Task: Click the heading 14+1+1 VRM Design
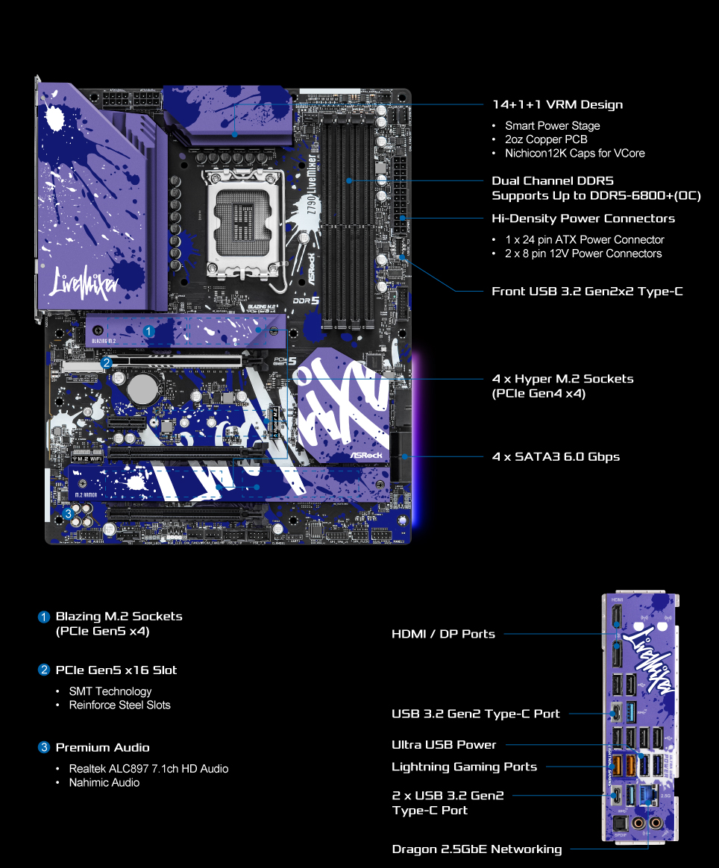tap(557, 105)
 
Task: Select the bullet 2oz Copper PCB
tap(545, 139)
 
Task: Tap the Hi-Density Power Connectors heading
tap(583, 218)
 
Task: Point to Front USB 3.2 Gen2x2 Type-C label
tap(587, 291)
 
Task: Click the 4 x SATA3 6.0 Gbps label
tap(556, 456)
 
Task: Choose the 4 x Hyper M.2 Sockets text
tap(562, 379)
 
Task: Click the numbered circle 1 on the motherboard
tap(148, 330)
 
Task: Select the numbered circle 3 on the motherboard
tap(69, 514)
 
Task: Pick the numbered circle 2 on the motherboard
tap(107, 363)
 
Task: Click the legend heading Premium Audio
tap(102, 747)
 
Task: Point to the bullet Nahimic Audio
tap(104, 782)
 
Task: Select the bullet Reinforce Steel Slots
tap(119, 705)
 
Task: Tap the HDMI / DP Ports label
tap(443, 634)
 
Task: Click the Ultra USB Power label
tap(444, 744)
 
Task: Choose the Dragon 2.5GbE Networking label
tap(477, 849)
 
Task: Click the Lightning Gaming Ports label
tap(464, 767)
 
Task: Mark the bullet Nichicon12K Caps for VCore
tap(574, 153)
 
